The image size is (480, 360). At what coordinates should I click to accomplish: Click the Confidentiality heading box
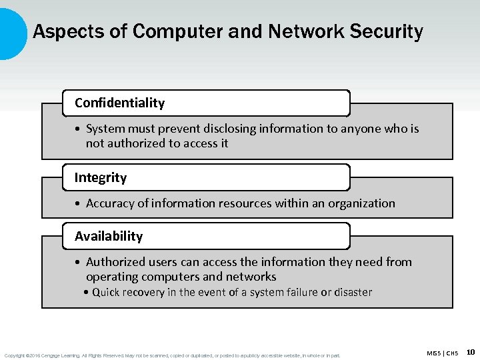click(x=205, y=103)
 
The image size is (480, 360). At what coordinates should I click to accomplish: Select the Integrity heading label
click(x=101, y=177)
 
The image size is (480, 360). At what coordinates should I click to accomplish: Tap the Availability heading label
click(x=109, y=236)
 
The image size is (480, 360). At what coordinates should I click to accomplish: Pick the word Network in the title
click(x=289, y=31)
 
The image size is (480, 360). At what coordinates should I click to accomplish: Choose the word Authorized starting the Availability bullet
click(x=115, y=262)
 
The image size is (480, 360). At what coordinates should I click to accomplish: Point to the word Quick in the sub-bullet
click(x=107, y=292)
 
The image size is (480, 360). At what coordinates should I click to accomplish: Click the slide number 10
click(x=471, y=351)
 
